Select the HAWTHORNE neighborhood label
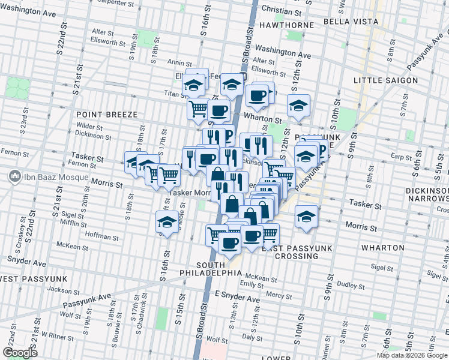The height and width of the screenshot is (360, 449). pyautogui.click(x=288, y=25)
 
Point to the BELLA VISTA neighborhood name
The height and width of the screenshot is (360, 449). pyautogui.click(x=351, y=22)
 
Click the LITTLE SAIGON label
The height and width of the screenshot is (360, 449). pyautogui.click(x=385, y=80)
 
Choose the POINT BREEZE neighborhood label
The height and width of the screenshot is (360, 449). pyautogui.click(x=107, y=114)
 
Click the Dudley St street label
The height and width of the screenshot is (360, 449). pyautogui.click(x=346, y=284)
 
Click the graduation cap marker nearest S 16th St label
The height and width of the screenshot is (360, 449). pyautogui.click(x=167, y=222)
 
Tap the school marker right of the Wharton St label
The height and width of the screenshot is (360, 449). pyautogui.click(x=298, y=106)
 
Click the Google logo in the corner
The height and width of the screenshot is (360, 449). pyautogui.click(x=20, y=353)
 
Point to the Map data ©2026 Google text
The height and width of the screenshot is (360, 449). pyautogui.click(x=412, y=355)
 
